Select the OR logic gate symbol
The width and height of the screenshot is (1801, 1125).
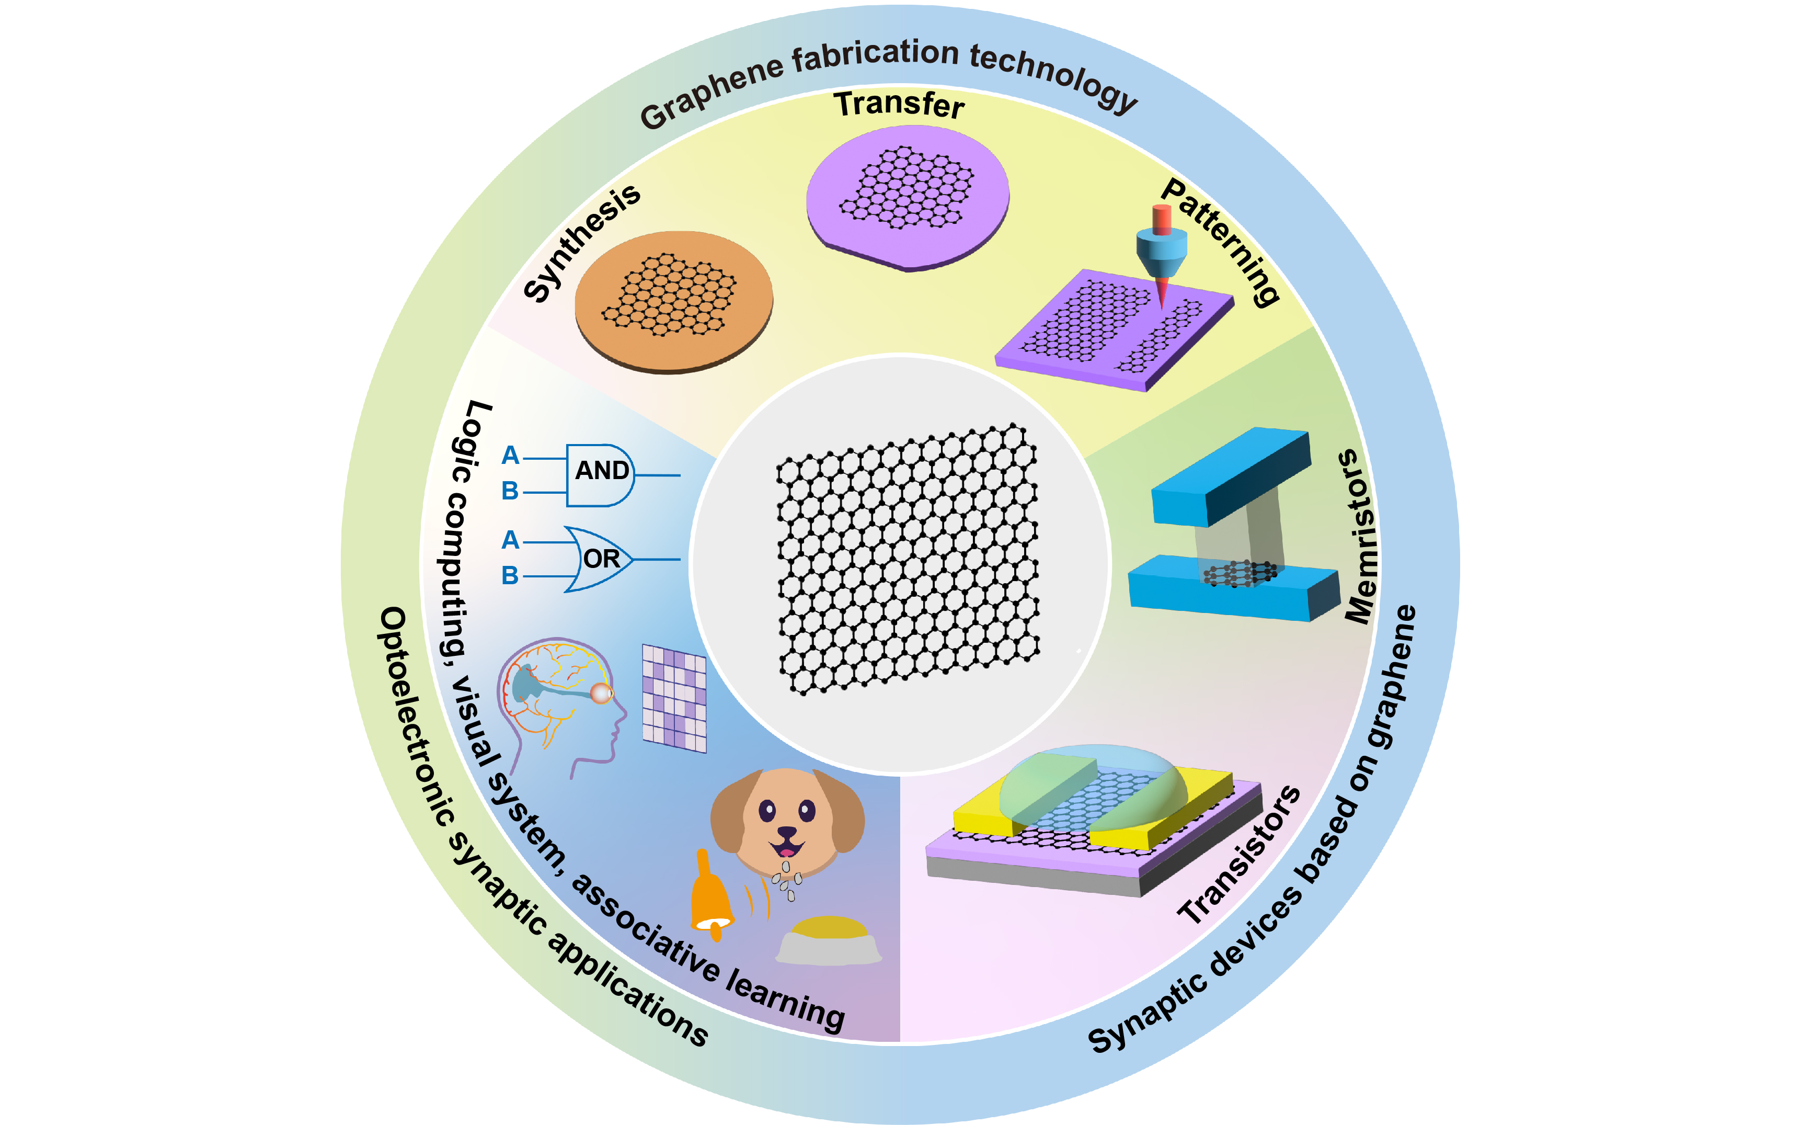pyautogui.click(x=599, y=559)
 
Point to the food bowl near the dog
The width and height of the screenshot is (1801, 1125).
pyautogui.click(x=829, y=941)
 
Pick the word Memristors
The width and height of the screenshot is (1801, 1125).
pyautogui.click(x=1361, y=536)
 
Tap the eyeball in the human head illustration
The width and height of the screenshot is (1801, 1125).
pyautogui.click(x=601, y=694)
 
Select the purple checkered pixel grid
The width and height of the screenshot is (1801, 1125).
pyautogui.click(x=674, y=698)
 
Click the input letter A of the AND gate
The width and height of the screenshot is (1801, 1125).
pyautogui.click(x=510, y=456)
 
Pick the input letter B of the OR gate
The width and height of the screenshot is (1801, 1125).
pyautogui.click(x=510, y=575)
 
